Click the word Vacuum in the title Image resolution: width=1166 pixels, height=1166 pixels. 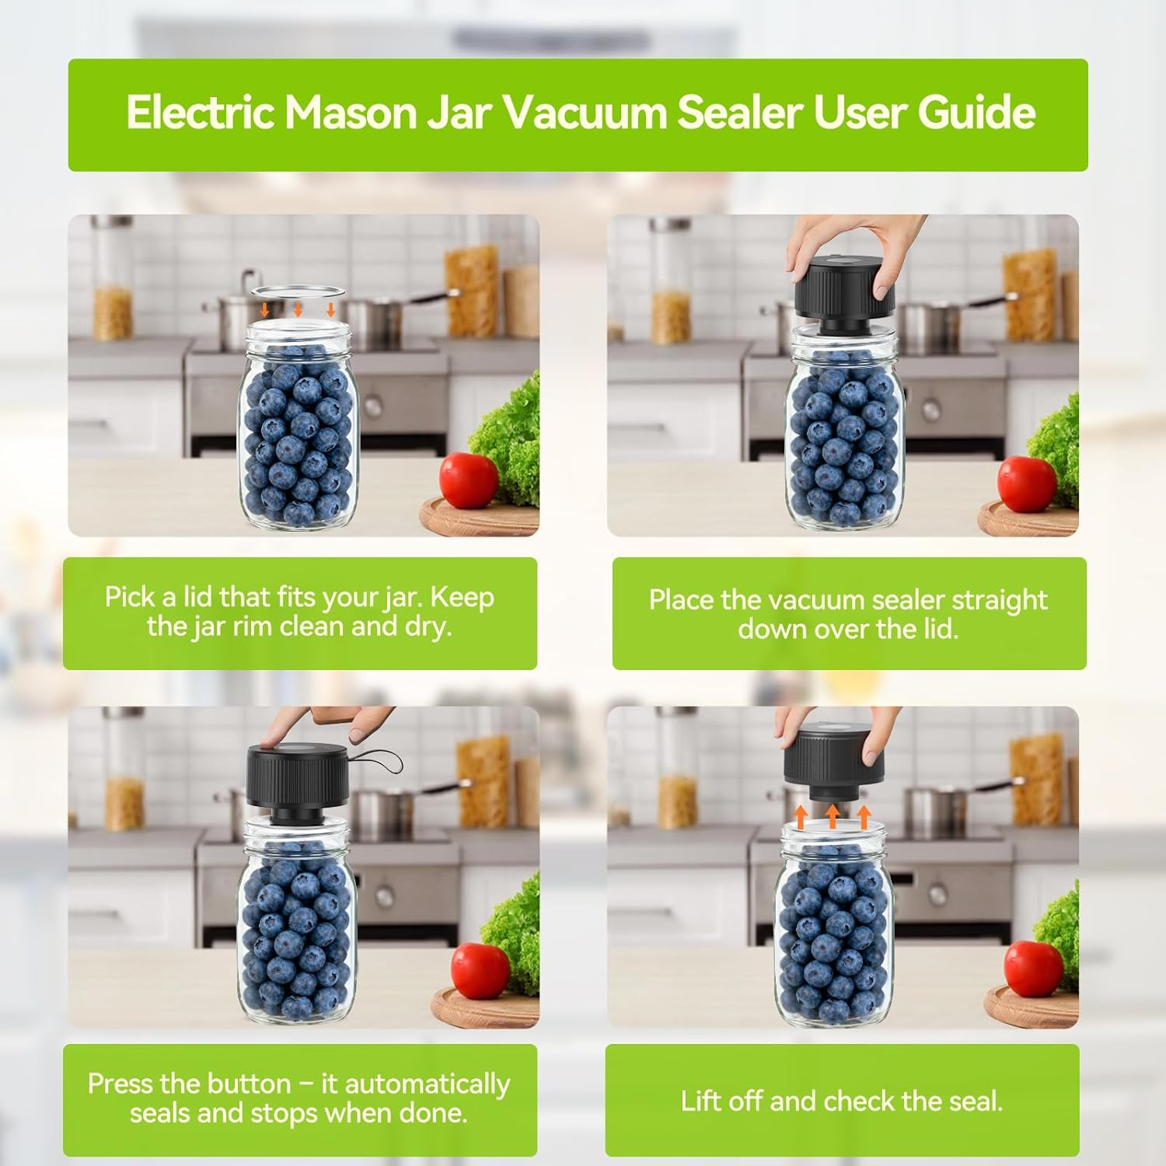(587, 113)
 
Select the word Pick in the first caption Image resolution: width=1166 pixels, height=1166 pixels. (129, 597)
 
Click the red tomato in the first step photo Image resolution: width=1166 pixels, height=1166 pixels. (469, 480)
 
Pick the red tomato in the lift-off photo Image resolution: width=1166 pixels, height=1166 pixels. (1033, 968)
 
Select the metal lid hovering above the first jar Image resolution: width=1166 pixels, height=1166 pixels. (298, 291)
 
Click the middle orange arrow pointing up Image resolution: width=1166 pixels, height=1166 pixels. (833, 815)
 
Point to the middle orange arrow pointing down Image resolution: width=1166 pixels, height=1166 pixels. (298, 309)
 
